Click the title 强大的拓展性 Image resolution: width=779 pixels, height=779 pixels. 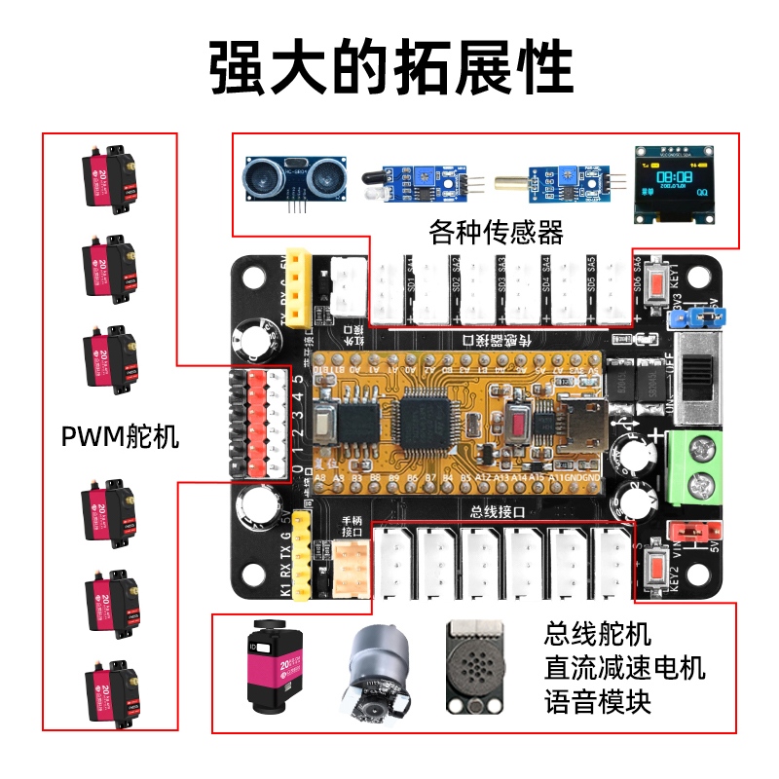click(390, 67)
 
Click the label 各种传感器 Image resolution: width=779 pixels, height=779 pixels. click(497, 233)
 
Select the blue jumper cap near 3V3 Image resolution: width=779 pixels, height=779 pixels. click(700, 315)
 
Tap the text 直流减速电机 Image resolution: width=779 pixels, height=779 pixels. click(624, 668)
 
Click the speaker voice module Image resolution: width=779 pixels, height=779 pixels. click(476, 669)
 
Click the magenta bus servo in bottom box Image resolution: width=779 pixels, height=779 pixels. click(274, 667)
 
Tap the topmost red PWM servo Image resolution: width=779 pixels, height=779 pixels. click(108, 175)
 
